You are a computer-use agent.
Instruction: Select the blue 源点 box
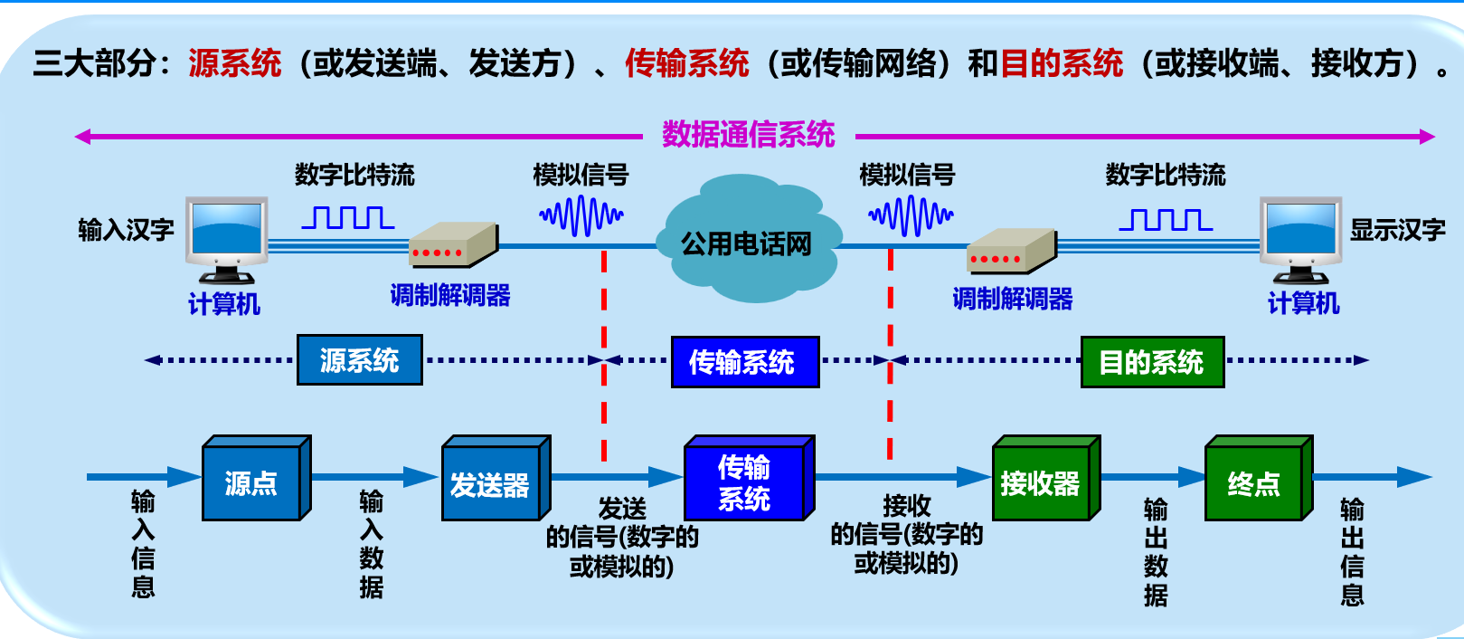tap(251, 483)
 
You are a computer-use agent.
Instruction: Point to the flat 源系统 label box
tap(359, 360)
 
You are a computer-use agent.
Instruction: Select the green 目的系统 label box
tap(1152, 362)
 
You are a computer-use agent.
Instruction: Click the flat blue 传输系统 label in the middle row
tap(744, 362)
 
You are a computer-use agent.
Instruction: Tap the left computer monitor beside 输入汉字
tap(227, 234)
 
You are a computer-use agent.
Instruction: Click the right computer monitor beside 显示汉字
tap(1301, 234)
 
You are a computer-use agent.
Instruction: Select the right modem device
tap(1011, 251)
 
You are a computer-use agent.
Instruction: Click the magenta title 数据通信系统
tap(748, 135)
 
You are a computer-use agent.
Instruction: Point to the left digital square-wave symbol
tap(348, 217)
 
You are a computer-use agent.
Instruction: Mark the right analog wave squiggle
tap(911, 216)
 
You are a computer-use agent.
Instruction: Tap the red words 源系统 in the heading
tap(235, 63)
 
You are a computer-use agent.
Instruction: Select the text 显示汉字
tap(1397, 230)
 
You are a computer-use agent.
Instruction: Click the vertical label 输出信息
tap(1352, 551)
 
